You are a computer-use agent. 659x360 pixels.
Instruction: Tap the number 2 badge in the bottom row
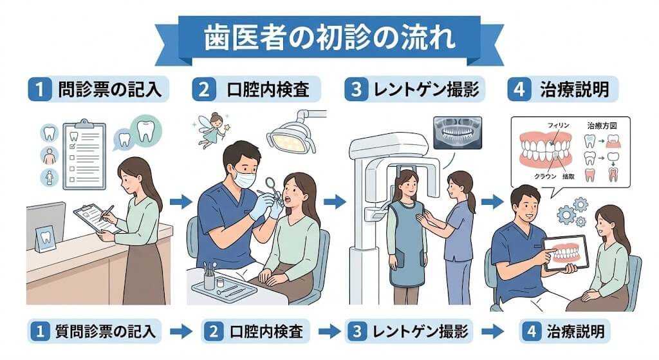click(212, 332)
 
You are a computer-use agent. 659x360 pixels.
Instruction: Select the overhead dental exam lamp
click(290, 136)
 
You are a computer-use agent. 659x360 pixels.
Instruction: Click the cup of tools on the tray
click(209, 276)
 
